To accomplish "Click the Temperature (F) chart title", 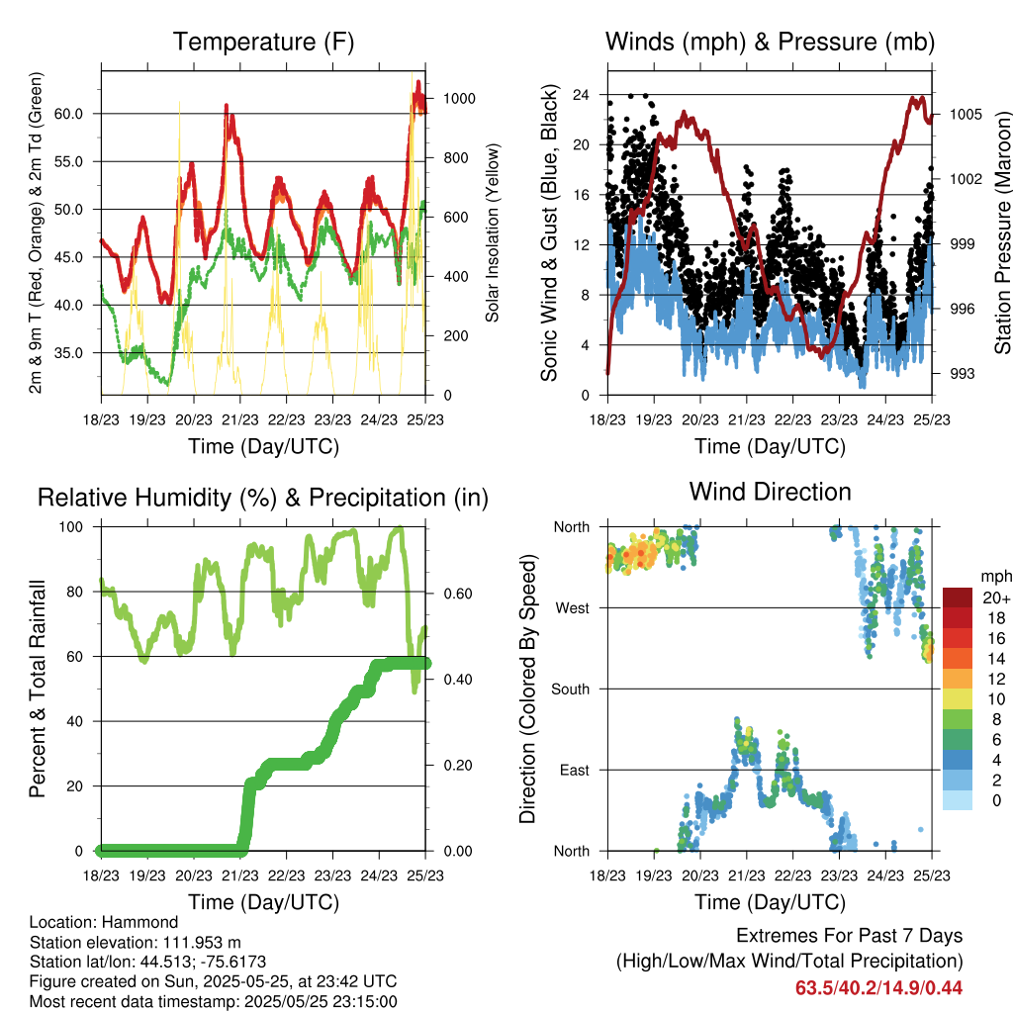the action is click(263, 42).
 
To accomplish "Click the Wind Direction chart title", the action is click(770, 492).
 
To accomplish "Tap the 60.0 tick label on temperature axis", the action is click(68, 114).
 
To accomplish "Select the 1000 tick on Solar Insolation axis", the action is click(459, 99).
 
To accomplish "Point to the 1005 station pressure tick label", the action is click(966, 115).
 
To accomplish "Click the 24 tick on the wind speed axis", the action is click(581, 95).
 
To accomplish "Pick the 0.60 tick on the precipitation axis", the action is click(458, 594).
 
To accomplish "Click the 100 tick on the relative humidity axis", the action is click(71, 526).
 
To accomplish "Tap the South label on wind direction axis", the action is click(571, 690).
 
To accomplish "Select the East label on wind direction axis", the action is click(575, 770).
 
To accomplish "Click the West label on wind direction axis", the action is click(573, 608).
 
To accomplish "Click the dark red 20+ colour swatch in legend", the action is click(958, 598).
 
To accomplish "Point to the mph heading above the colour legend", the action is click(996, 577).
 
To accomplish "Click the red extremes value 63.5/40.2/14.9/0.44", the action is click(878, 988).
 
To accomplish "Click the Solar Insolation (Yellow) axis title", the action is click(493, 232).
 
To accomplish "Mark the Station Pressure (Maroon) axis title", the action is click(1003, 232).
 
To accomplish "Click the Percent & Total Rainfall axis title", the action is click(38, 689).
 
